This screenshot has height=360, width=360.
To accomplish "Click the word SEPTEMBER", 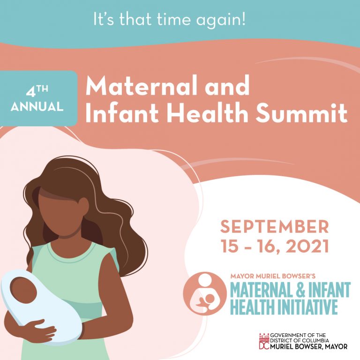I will click(x=275, y=227).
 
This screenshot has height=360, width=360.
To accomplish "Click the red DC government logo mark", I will click(x=262, y=342).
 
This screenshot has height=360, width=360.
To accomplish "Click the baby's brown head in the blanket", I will click(x=23, y=290).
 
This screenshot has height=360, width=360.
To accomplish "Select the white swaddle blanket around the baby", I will click(x=52, y=305).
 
